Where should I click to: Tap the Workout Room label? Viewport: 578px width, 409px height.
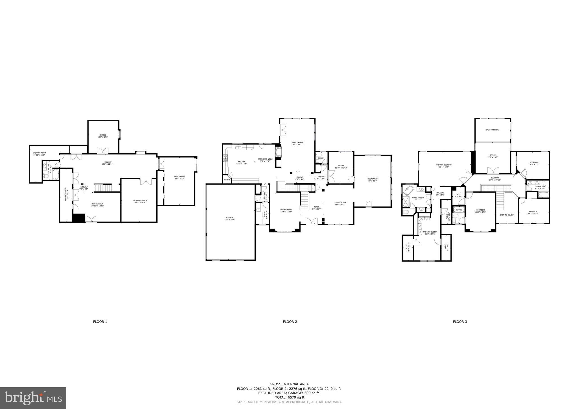(x=140, y=201)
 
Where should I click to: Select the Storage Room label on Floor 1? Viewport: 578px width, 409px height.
(x=39, y=154)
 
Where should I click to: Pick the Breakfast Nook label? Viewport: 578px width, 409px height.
(x=265, y=160)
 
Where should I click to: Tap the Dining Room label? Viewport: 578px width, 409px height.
(x=286, y=210)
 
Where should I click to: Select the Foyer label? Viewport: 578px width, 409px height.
(x=317, y=208)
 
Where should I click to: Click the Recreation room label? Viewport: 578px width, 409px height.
(x=373, y=180)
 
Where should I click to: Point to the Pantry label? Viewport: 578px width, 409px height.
(x=227, y=180)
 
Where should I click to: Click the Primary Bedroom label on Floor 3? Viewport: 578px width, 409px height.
(x=444, y=166)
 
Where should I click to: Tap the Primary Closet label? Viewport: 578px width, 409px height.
(x=430, y=232)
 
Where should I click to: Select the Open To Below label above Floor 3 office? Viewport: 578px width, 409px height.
(x=492, y=130)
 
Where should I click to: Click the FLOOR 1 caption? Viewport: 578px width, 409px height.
(x=100, y=321)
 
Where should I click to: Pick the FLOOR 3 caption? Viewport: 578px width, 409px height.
(x=460, y=321)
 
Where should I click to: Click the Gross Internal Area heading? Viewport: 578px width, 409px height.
(x=289, y=384)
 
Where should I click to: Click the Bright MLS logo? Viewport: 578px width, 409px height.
(x=33, y=398)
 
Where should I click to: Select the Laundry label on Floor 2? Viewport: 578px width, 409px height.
(x=265, y=214)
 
